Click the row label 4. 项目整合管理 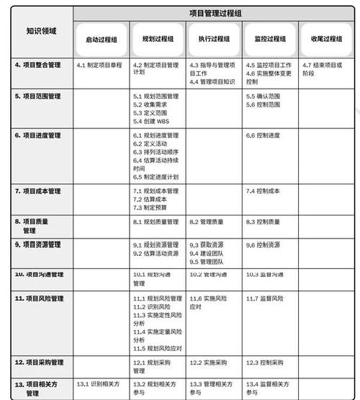click(x=38, y=66)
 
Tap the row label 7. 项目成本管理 click(x=38, y=191)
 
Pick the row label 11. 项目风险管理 click(x=40, y=298)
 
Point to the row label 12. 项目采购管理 click(x=40, y=362)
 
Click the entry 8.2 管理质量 click(x=208, y=222)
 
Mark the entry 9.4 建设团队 click(x=208, y=254)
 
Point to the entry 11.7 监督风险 click(x=265, y=298)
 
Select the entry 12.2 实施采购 click(x=208, y=362)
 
